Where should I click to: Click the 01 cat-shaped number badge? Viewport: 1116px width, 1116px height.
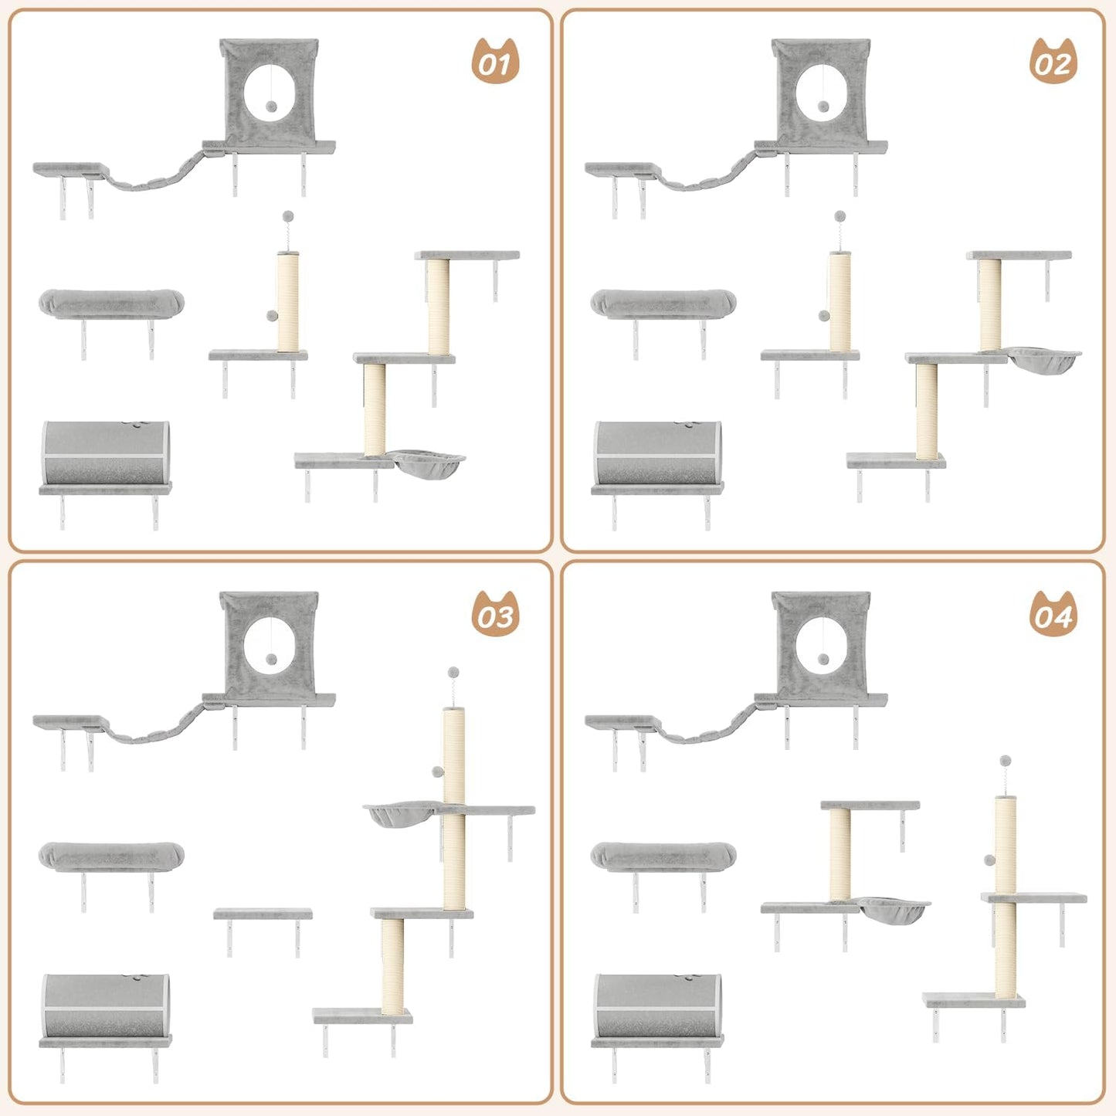495,61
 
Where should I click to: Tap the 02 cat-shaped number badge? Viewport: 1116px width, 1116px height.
1053,61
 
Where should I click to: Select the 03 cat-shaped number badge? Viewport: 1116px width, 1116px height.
495,614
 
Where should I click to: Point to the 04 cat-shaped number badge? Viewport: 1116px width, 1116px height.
1053,614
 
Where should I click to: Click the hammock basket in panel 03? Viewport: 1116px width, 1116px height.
400,814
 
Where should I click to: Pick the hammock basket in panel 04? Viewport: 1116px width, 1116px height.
894,908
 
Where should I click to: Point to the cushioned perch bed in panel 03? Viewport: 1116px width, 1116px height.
111,855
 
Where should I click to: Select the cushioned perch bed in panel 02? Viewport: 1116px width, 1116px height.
663,303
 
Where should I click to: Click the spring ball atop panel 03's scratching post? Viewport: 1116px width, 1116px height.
453,673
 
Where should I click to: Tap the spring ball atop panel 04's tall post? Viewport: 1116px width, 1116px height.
1005,762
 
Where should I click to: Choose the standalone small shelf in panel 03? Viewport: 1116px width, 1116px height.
263,914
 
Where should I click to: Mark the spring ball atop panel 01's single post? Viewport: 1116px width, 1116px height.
288,216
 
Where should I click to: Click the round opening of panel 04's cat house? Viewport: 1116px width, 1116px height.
822,645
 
